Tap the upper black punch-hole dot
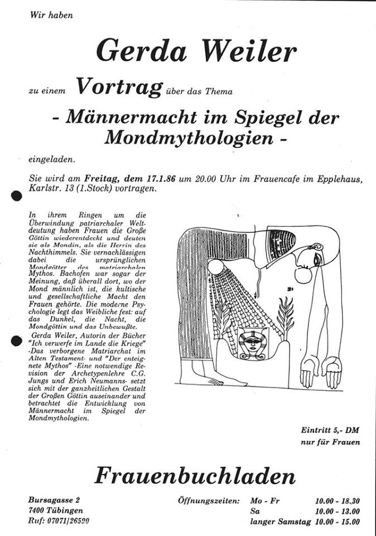pos(16,196)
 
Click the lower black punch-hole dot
pos(16,339)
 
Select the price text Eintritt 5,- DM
pos(328,430)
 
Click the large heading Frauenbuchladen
pos(195,476)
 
